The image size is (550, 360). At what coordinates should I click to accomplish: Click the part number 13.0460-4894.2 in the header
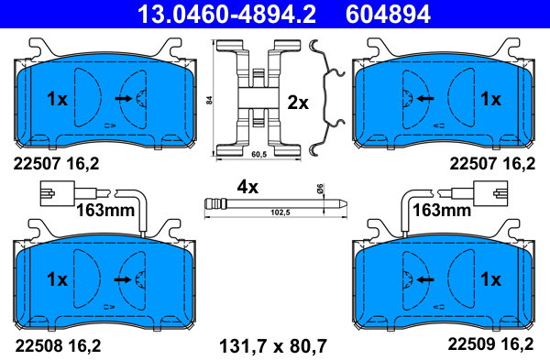(226, 14)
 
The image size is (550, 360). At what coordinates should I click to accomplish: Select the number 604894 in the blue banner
(388, 14)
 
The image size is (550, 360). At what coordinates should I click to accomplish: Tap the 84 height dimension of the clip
(209, 100)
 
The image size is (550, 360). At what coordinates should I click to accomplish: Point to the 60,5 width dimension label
(259, 154)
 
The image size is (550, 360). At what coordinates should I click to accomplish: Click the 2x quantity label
(298, 104)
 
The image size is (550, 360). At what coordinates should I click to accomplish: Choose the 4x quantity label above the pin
(247, 187)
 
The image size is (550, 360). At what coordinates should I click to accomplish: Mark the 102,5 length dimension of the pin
(280, 213)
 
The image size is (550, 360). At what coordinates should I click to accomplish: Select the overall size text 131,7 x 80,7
(273, 346)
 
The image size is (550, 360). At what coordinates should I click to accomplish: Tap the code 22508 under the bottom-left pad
(36, 346)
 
